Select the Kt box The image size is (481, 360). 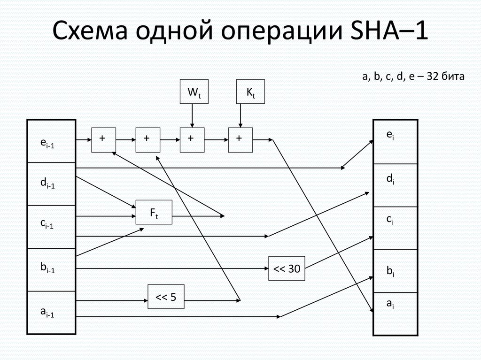pos(250,92)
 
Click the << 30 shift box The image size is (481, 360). pos(287,268)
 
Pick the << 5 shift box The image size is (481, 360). pos(166,297)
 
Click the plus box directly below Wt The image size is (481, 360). pos(192,140)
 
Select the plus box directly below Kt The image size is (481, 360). pos(240,140)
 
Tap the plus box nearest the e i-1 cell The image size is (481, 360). pos(103,140)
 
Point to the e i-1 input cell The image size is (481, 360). pos(52,141)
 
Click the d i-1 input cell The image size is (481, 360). pos(52,184)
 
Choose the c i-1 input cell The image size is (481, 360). pos(52,227)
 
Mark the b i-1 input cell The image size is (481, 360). pos(52,269)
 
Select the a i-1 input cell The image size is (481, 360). pos(52,313)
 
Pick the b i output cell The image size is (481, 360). pos(395,271)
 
